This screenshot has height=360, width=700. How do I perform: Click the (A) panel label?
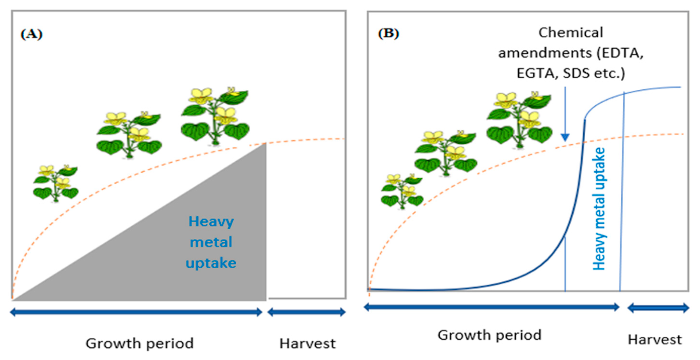tap(32, 34)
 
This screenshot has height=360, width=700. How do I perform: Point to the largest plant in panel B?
tap(519, 120)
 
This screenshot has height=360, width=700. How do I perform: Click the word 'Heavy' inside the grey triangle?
tap(211, 222)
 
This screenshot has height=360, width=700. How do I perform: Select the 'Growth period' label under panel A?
tap(140, 343)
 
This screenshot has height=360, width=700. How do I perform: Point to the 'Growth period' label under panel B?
tap(489, 335)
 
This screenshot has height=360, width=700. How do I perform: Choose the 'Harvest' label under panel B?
tap(655, 340)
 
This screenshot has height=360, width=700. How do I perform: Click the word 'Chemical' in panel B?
tap(571, 33)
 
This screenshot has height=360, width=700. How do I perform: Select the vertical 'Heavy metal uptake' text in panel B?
tap(599, 209)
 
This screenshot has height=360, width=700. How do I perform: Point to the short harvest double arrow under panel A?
tap(307, 312)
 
